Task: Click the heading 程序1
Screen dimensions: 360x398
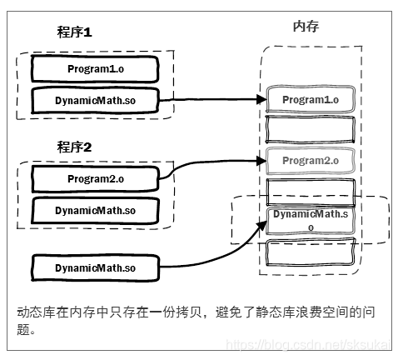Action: [75, 33]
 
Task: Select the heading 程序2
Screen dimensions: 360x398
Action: [75, 147]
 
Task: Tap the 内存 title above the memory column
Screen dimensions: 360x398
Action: [306, 27]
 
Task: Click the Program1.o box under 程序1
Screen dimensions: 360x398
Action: [94, 67]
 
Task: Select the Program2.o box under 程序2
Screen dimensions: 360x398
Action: [94, 177]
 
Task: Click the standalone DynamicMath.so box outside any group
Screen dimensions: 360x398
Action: [94, 267]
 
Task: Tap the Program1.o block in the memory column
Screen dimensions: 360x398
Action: [310, 99]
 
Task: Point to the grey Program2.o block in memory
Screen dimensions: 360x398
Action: [310, 159]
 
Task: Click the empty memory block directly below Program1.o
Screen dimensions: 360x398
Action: [310, 129]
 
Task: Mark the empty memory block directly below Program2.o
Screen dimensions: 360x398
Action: [310, 189]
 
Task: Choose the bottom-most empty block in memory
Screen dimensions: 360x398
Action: [310, 252]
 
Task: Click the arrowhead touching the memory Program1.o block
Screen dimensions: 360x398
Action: [260, 100]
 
